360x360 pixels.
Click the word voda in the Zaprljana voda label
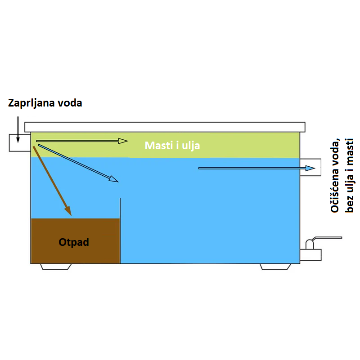point(71,103)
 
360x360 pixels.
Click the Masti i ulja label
point(172,146)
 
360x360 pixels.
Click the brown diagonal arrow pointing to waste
point(52,180)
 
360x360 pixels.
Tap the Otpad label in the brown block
point(74,242)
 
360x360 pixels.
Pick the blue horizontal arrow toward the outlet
point(256,168)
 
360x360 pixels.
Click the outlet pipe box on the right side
point(310,167)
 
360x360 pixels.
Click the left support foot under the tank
point(56,267)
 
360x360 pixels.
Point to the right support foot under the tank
point(275,267)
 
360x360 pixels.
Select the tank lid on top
point(166,126)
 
